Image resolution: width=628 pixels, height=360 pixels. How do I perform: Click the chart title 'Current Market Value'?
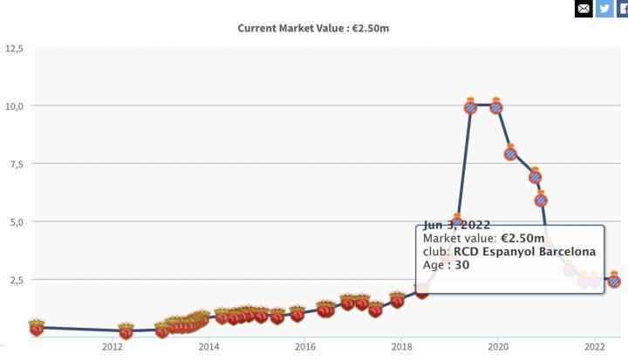click(313, 28)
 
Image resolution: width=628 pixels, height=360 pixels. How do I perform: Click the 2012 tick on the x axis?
click(113, 347)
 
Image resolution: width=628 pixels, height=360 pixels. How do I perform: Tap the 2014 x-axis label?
click(208, 347)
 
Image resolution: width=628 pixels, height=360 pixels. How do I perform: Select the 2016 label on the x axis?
click(305, 347)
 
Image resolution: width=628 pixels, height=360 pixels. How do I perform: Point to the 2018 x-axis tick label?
click(401, 347)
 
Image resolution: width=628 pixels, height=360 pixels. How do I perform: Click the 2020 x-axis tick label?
click(497, 347)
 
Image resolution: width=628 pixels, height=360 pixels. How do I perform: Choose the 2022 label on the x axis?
click(594, 347)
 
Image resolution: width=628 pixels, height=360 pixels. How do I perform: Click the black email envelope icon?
click(584, 9)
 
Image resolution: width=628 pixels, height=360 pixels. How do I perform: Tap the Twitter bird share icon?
click(605, 9)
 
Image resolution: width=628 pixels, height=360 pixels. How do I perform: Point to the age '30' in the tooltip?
click(461, 265)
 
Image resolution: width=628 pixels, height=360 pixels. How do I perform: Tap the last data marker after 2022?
click(614, 281)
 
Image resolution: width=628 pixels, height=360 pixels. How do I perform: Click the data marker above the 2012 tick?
click(126, 331)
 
